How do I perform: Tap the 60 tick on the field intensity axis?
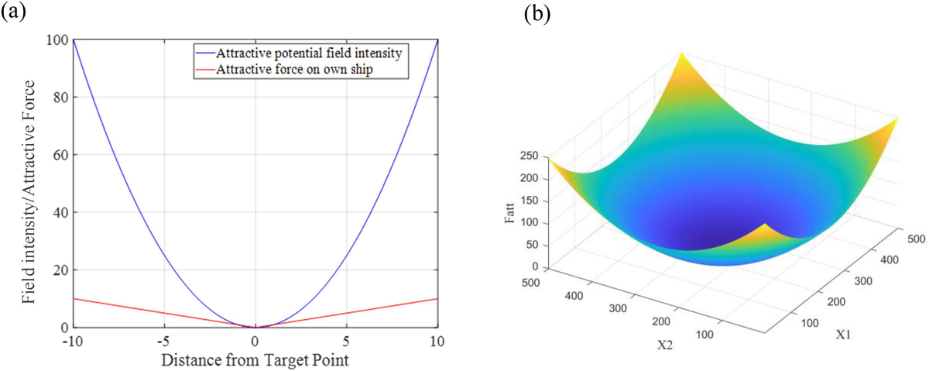pos(60,155)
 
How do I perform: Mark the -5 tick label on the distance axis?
pos(163,341)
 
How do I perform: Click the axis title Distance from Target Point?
pos(255,360)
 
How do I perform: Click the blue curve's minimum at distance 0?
pos(255,327)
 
